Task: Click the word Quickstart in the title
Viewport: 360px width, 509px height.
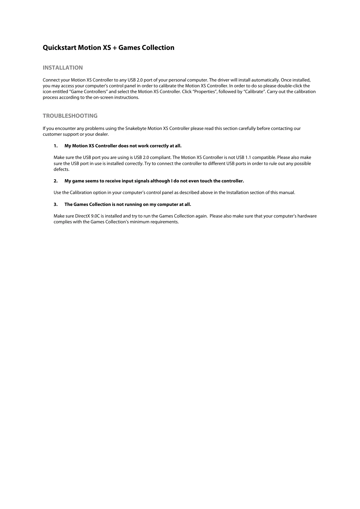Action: (x=59, y=48)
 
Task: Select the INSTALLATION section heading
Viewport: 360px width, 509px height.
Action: (x=63, y=68)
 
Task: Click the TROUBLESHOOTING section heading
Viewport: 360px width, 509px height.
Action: (x=70, y=116)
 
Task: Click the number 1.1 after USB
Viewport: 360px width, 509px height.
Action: (x=248, y=157)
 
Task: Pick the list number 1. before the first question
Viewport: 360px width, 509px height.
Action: (x=55, y=146)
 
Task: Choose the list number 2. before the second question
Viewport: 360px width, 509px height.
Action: (x=55, y=181)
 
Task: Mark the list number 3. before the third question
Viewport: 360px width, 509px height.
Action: (x=55, y=204)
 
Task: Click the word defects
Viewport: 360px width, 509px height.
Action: (x=61, y=169)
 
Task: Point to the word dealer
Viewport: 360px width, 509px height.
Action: (x=102, y=134)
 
